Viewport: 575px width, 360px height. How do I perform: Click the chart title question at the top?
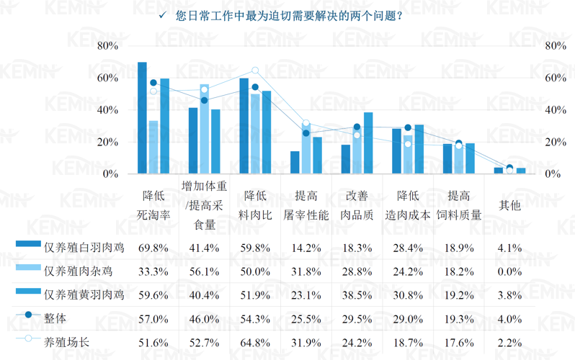coord(288,16)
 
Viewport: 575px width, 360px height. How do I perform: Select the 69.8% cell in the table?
coord(153,248)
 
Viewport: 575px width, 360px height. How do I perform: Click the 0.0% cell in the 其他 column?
coord(509,271)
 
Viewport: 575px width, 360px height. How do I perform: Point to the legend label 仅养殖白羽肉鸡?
coord(84,248)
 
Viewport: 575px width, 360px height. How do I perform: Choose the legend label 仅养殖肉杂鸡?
coord(79,271)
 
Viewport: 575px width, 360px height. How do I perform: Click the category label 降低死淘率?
coord(153,205)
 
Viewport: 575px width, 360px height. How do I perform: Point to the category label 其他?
coord(509,205)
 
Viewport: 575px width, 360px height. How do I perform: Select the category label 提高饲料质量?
coord(460,205)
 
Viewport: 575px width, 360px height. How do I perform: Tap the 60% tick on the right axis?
coord(556,78)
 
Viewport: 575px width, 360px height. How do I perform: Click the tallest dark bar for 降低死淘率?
coord(142,119)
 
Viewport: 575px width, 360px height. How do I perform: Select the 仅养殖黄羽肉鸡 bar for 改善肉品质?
coord(368,143)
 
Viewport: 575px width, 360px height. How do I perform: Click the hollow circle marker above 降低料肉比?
coord(255,71)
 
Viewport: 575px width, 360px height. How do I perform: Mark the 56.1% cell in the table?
coord(204,271)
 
